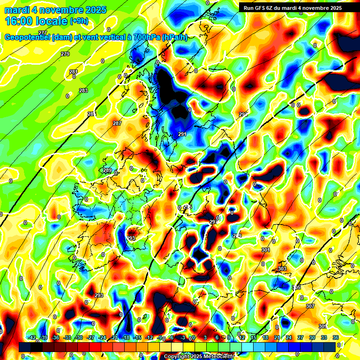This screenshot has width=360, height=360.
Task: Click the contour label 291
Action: click(x=182, y=135)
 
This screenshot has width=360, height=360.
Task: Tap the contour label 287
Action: click(x=117, y=123)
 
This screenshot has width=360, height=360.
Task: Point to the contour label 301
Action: click(x=266, y=250)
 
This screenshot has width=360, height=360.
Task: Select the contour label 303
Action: click(x=282, y=269)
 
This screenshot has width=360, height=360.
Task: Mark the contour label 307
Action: click(x=310, y=306)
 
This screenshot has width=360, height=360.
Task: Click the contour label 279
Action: click(x=65, y=54)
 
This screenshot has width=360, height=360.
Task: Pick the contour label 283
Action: click(x=83, y=90)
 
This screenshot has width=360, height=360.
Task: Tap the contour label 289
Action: click(x=107, y=170)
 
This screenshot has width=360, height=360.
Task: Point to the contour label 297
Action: click(x=213, y=222)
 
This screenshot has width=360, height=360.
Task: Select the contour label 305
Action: click(x=296, y=287)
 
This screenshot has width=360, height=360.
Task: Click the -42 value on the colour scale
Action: click(x=32, y=337)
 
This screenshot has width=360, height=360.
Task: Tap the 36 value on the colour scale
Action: click(x=336, y=337)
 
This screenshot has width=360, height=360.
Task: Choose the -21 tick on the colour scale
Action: click(x=114, y=337)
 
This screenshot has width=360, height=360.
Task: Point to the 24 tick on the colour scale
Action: click(x=288, y=337)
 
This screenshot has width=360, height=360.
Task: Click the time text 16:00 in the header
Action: click(x=22, y=21)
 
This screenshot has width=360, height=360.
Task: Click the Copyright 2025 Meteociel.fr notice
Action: click(x=199, y=356)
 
